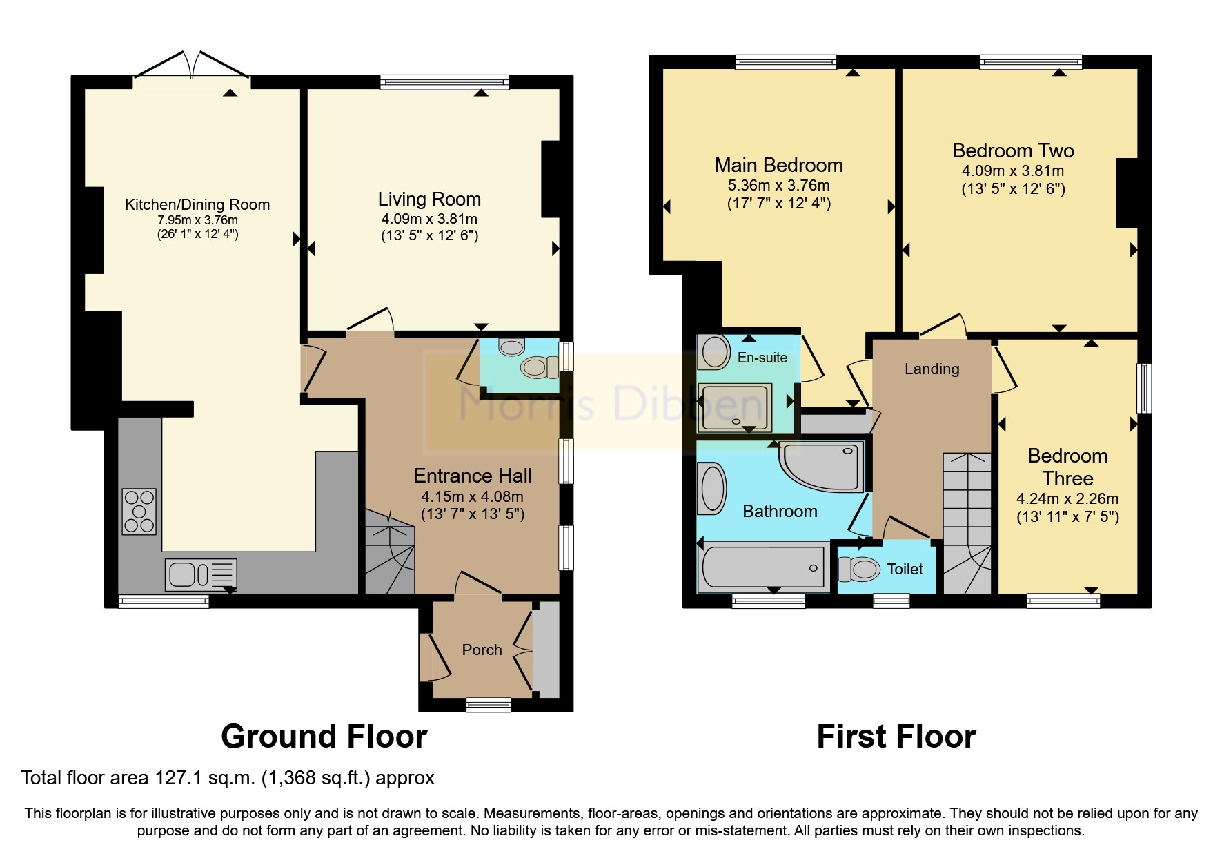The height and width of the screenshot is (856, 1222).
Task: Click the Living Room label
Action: pos(429,200)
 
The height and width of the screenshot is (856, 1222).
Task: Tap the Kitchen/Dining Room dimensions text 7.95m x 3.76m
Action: pos(197,220)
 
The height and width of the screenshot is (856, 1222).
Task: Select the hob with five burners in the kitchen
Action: pos(139,512)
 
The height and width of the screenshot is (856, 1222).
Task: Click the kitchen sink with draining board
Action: pos(201,574)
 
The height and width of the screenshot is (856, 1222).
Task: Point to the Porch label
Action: pos(482,650)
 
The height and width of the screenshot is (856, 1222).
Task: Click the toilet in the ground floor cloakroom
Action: pos(539,367)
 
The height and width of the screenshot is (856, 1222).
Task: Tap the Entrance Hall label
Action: pos(472,476)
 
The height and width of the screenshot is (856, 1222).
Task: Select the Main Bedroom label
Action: pos(778,166)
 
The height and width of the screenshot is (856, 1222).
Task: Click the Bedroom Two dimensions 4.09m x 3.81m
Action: pos(1012,171)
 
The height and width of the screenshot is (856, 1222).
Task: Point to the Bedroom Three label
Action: pos(1067,467)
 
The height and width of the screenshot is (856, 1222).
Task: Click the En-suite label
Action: pos(762,358)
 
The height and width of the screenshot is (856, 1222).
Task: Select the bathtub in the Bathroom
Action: pos(763,567)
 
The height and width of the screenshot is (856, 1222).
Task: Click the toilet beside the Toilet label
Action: pos(858,570)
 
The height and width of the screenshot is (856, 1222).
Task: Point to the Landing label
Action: pos(932,369)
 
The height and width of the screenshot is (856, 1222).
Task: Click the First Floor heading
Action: pos(896,737)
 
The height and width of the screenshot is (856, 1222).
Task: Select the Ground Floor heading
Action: pos(324,737)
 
